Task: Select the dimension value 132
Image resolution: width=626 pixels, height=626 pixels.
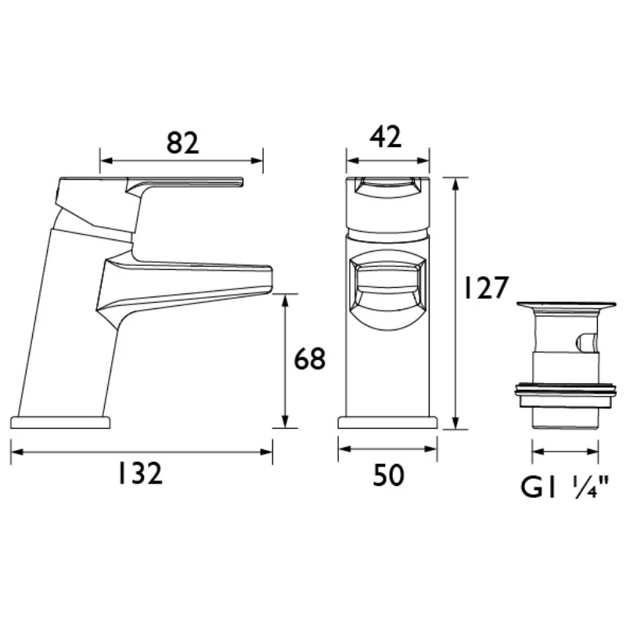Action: coord(141,473)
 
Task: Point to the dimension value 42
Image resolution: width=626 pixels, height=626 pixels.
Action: coord(387,138)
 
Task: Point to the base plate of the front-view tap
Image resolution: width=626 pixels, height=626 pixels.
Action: coord(387,423)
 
